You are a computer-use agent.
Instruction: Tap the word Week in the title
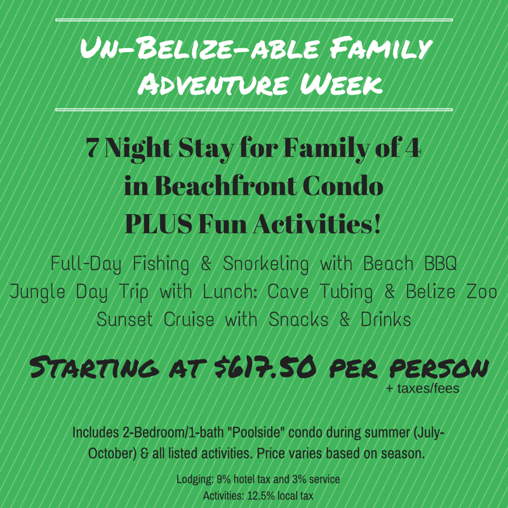341,84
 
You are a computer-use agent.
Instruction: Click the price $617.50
264,368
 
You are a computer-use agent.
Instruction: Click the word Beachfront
226,186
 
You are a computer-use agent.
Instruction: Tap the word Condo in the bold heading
344,186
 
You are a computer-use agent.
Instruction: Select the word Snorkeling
265,264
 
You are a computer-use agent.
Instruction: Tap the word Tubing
346,292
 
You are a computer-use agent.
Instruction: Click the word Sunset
124,319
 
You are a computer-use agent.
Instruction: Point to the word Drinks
386,319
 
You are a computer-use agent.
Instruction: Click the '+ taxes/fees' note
423,388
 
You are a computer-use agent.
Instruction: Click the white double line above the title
254,20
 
